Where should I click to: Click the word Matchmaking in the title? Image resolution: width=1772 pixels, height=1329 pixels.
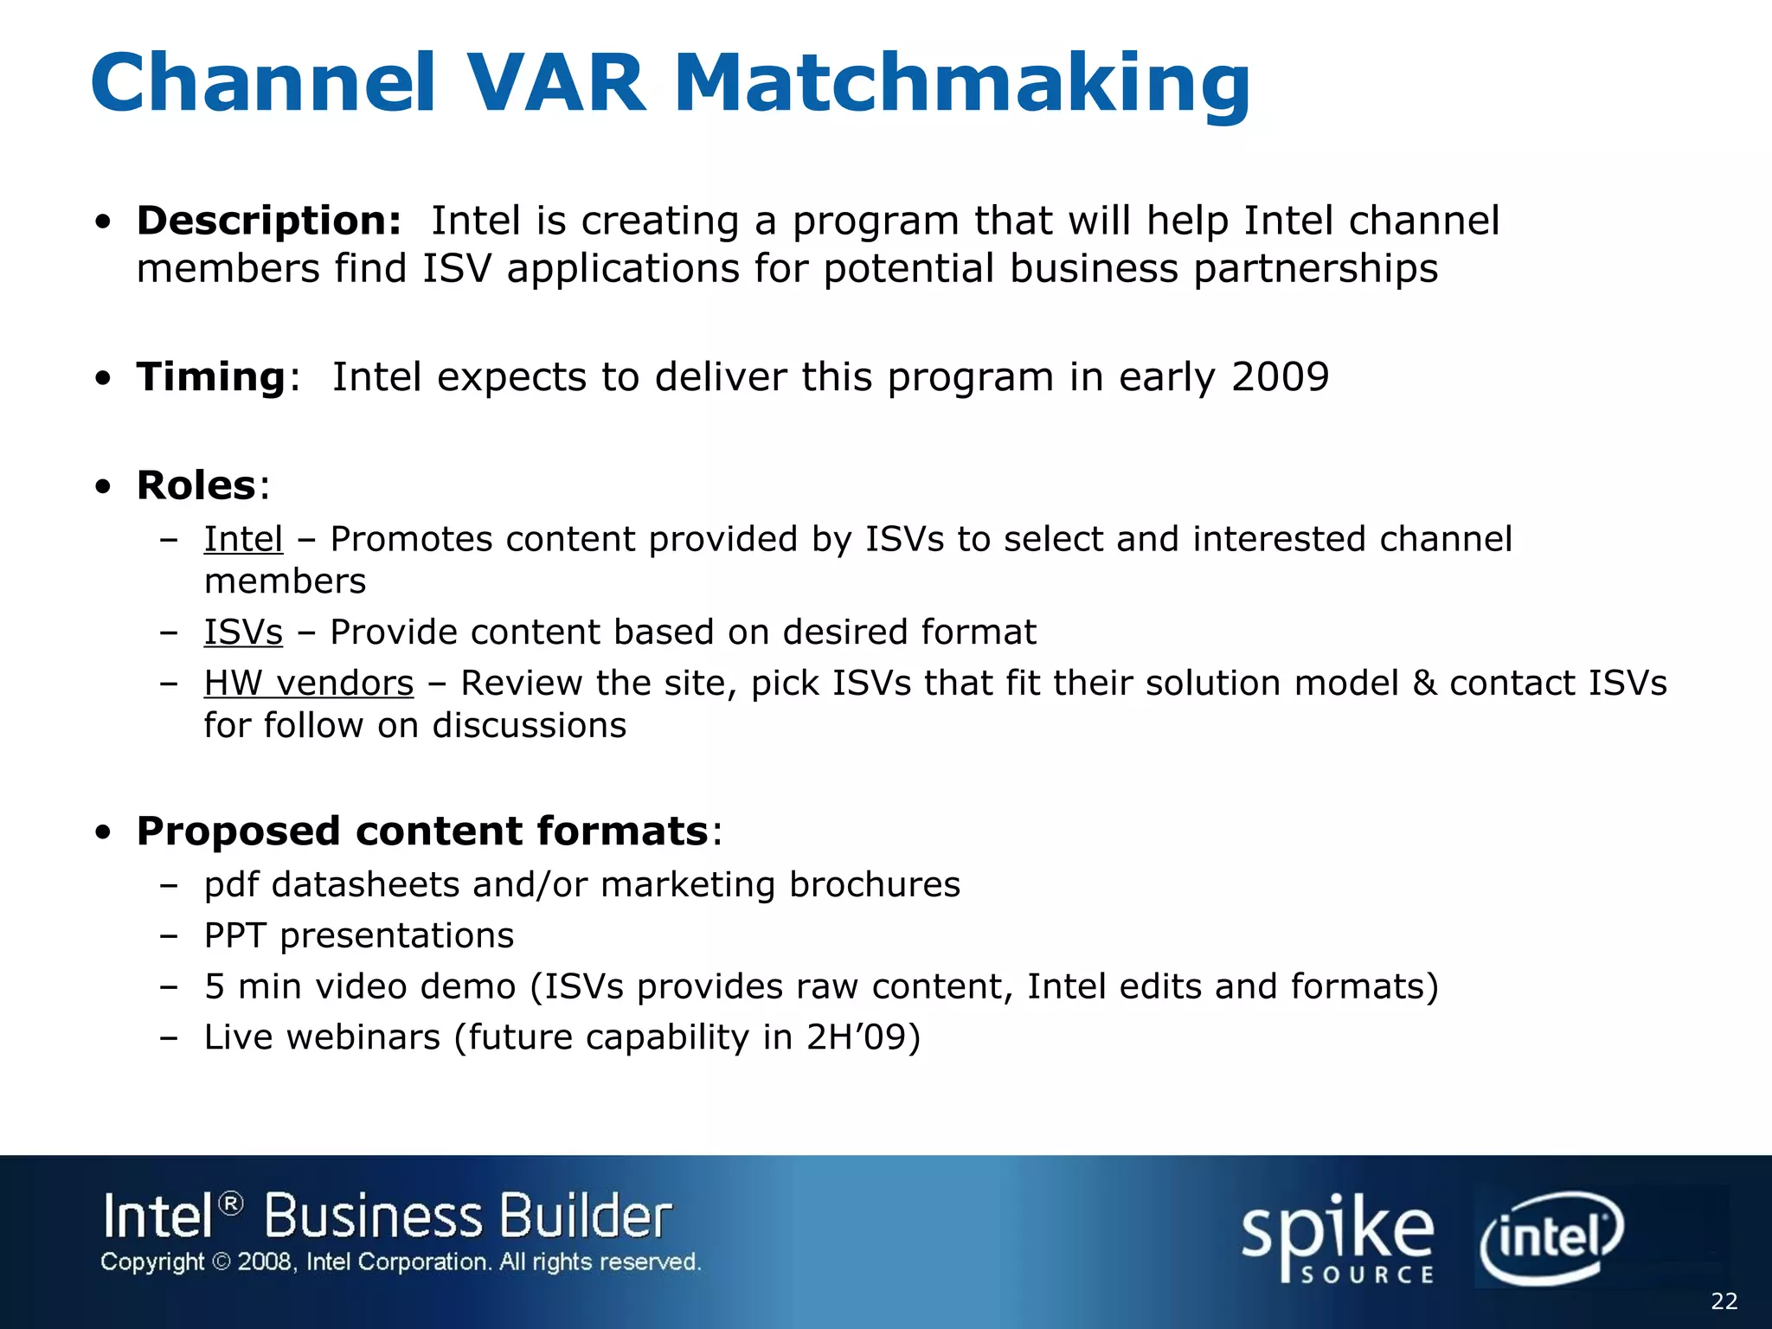coord(961,84)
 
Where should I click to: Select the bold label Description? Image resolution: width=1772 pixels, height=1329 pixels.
coord(269,221)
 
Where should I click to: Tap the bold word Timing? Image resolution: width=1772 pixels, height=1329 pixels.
coord(211,377)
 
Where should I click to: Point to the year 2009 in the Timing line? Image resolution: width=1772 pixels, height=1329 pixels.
coord(1280,377)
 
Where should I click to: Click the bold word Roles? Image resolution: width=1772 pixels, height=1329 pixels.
coord(196,485)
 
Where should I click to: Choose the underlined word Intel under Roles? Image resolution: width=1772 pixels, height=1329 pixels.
coord(243,539)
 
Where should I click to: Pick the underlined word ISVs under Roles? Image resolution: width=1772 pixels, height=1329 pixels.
coord(243,632)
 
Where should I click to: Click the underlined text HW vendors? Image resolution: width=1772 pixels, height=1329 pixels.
coord(309,684)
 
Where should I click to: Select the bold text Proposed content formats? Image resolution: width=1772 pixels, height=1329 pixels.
coord(422,831)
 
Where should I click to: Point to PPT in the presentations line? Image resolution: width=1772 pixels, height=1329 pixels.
coord(235,936)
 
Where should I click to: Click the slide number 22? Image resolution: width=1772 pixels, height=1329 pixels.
coord(1724,1301)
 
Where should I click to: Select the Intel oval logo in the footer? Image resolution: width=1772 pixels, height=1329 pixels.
coord(1551,1236)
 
